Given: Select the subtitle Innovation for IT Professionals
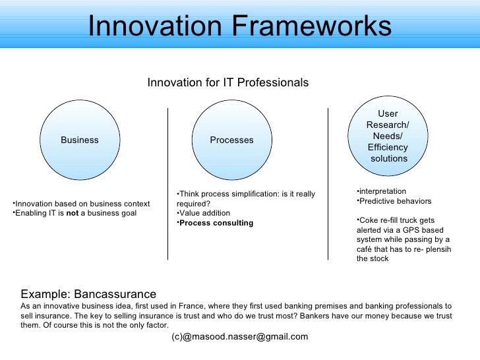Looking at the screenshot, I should pos(227,83).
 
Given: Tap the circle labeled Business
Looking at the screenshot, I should pos(80,140).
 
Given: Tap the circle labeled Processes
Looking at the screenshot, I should pos(231,140).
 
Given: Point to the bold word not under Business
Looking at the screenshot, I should pos(73,214).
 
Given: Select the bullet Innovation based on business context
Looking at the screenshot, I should pos(82,204).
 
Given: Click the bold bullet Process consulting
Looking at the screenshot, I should pos(216,223).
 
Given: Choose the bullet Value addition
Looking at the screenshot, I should pos(204,213).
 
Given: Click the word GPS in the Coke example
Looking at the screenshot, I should pos(407,230).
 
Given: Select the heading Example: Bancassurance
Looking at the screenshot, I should pos(88,294).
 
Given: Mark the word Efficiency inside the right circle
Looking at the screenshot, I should pos(388,147).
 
